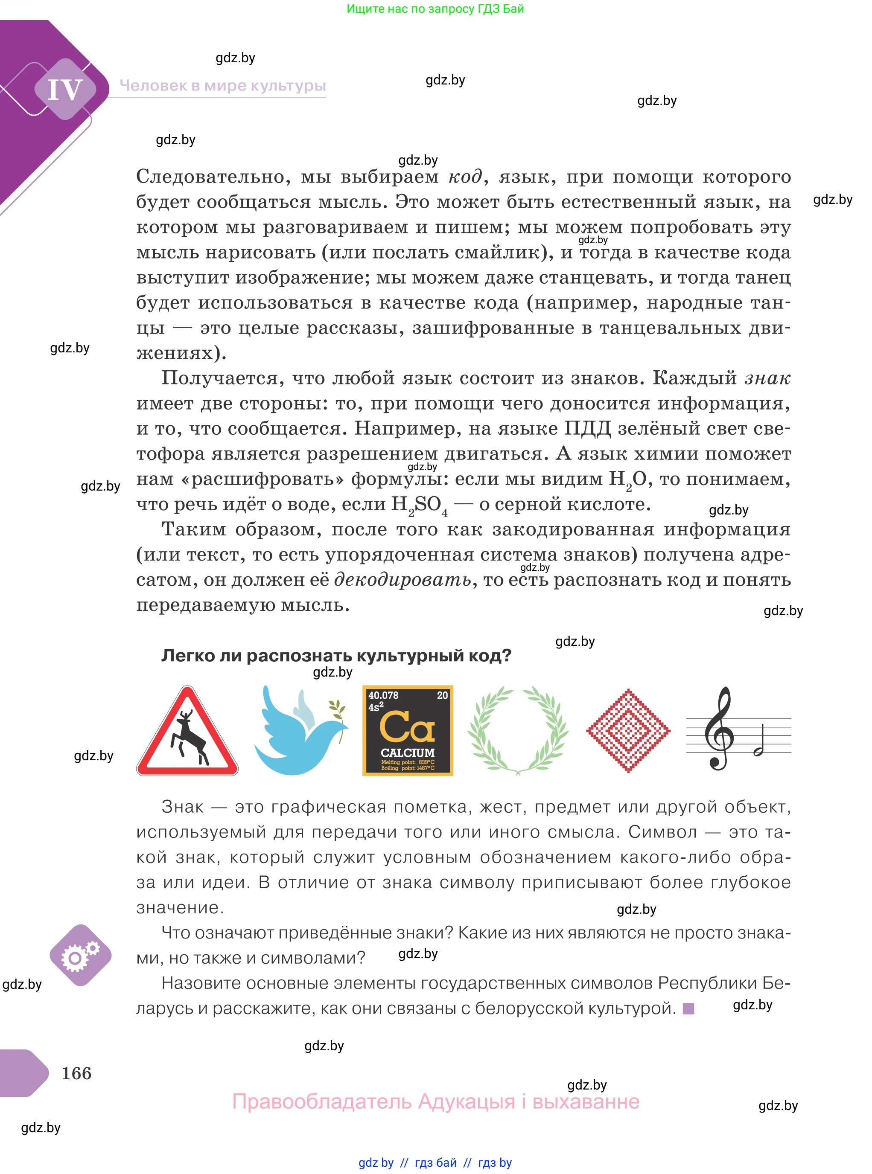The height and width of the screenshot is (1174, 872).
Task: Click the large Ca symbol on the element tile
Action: pos(407,726)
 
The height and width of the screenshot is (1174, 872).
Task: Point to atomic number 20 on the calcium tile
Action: pos(442,695)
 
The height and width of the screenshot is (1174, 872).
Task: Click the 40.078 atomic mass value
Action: pos(383,695)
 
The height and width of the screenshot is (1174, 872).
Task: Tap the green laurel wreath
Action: pos(518,730)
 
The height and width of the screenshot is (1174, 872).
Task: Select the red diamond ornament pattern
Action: pos(628,731)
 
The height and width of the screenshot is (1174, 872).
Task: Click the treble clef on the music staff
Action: pos(719,729)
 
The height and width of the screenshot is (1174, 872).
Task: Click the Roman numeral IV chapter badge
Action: pos(65,89)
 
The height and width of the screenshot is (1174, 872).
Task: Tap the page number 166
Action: pos(76,1073)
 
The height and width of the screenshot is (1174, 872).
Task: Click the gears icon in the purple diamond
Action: pos(80,955)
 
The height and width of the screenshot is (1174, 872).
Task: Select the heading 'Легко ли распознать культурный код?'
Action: pos(336,655)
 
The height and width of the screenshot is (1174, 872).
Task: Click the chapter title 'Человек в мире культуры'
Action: pos(223,85)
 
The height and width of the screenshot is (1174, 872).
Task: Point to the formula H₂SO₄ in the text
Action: pos(419,505)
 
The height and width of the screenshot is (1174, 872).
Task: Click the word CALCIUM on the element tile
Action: pos(408,753)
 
